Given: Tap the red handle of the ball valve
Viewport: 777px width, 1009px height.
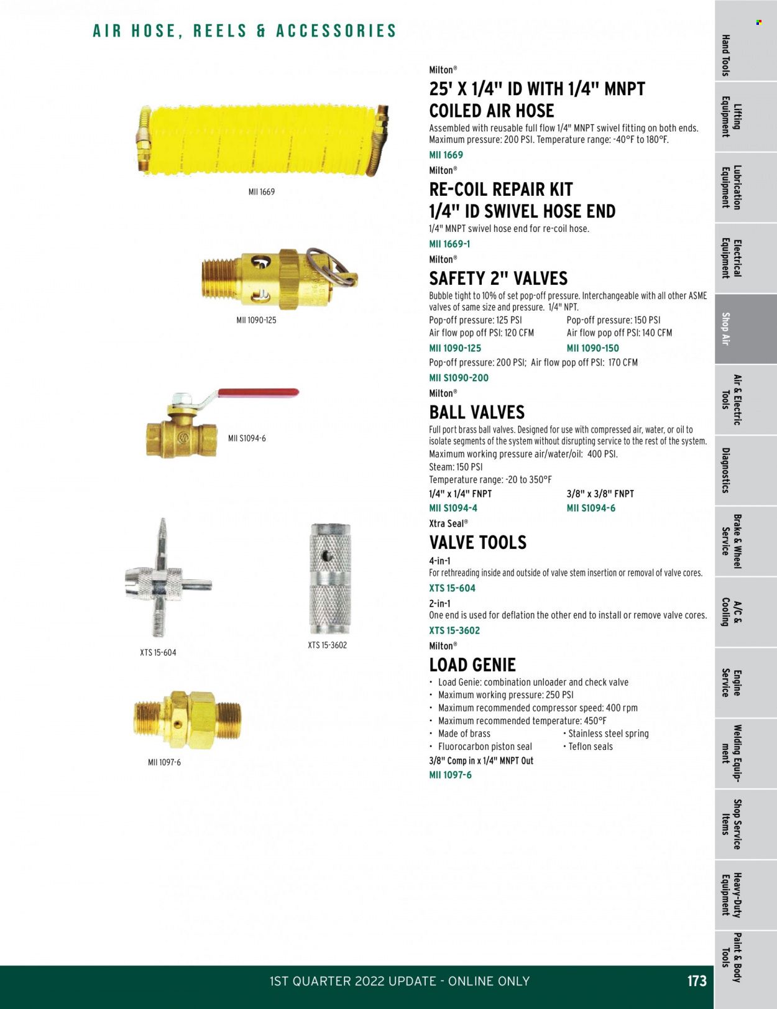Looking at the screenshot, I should click(x=257, y=394).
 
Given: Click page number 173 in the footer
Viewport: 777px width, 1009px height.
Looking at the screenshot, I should click(x=697, y=981).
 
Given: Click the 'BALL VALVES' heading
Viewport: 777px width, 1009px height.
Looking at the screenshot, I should click(x=477, y=412).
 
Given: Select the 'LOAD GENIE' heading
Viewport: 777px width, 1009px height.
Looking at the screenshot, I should click(x=472, y=665).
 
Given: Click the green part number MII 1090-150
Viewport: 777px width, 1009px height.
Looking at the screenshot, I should click(x=592, y=348).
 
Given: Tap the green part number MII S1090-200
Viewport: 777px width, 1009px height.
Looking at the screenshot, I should click(x=459, y=377).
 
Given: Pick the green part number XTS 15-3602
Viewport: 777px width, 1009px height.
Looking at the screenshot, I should click(x=454, y=630).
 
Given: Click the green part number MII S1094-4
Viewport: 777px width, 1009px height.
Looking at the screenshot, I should click(x=453, y=508).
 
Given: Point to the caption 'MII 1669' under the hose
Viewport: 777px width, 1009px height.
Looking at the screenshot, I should click(x=261, y=192).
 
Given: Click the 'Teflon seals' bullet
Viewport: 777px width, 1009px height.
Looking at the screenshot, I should click(x=590, y=747).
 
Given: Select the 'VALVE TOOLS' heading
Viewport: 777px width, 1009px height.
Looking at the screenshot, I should click(x=477, y=543).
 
